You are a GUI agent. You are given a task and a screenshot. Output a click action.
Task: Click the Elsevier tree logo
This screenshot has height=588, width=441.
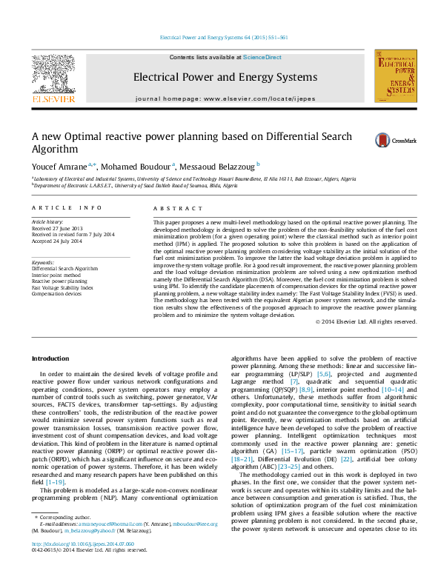[52, 77]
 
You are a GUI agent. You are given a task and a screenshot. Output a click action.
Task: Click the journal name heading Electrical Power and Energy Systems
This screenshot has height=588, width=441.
[225, 77]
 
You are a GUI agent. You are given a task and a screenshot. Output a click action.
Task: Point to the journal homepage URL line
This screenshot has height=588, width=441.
[225, 98]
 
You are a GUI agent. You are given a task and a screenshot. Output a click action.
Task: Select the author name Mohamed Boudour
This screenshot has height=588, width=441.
[136, 165]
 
